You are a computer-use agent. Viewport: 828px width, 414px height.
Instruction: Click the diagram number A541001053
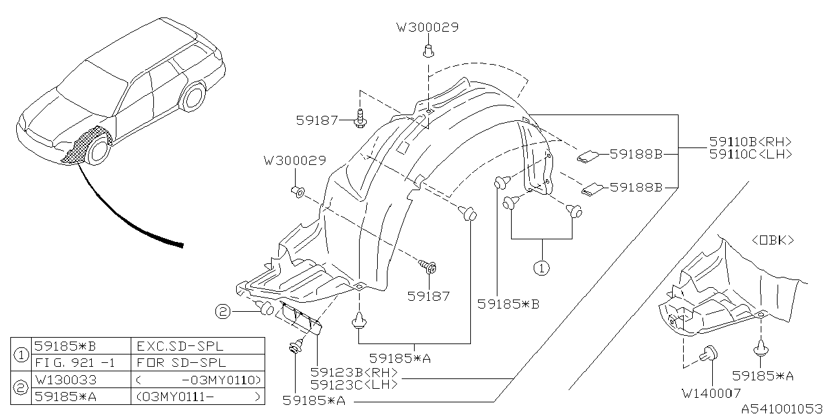781,408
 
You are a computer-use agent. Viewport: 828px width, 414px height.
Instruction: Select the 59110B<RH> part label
750,142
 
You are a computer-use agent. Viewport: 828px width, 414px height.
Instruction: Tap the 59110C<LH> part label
750,154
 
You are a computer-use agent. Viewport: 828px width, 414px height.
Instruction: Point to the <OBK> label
772,240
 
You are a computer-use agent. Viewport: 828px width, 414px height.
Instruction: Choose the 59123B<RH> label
354,373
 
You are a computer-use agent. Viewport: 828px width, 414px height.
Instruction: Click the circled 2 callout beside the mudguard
223,312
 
